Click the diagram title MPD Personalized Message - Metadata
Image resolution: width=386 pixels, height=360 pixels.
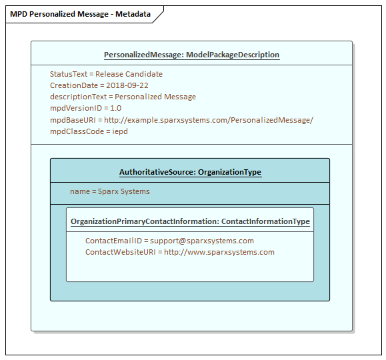[x=80, y=14]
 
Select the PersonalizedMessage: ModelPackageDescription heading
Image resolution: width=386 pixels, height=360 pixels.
[x=191, y=55]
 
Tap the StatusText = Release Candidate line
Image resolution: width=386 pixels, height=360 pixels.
[x=106, y=74]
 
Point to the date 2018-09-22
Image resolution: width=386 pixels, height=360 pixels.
[x=127, y=85]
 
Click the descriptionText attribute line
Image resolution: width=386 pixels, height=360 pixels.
[x=123, y=97]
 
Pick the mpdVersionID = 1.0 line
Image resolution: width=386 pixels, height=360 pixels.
[x=86, y=108]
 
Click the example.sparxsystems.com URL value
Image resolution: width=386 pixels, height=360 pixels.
[x=209, y=120]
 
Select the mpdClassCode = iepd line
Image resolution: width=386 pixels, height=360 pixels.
[x=89, y=131]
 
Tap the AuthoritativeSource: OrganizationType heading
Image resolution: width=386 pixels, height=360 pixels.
[x=190, y=172]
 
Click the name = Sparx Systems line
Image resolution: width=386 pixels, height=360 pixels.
[x=110, y=191]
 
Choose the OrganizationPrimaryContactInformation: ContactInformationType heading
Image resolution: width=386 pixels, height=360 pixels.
[x=190, y=221]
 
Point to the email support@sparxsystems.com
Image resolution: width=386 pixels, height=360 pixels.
[x=202, y=241]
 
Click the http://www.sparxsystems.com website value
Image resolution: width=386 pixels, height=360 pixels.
[x=219, y=252]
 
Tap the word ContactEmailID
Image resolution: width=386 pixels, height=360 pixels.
[x=113, y=241]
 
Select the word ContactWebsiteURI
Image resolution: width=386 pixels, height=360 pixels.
[x=121, y=252]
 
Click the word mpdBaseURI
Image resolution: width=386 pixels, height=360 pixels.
[x=73, y=120]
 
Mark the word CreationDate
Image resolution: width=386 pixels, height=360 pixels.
[x=74, y=85]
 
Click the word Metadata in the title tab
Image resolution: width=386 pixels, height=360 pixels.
[x=133, y=14]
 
